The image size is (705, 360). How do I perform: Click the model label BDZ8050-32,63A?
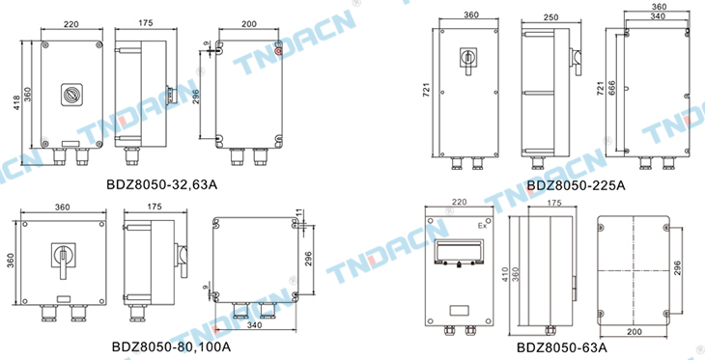(162, 184)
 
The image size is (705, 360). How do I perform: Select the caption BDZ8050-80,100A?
(171, 346)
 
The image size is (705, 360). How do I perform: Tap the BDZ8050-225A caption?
(576, 185)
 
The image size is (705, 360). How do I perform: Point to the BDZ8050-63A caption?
(562, 347)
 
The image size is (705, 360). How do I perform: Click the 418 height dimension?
(17, 103)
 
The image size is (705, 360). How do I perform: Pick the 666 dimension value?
(612, 90)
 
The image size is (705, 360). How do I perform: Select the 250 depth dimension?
(550, 17)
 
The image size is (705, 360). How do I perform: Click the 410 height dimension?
(505, 275)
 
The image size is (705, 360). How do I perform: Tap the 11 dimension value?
(299, 213)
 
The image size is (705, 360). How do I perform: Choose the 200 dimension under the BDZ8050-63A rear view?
(634, 332)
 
